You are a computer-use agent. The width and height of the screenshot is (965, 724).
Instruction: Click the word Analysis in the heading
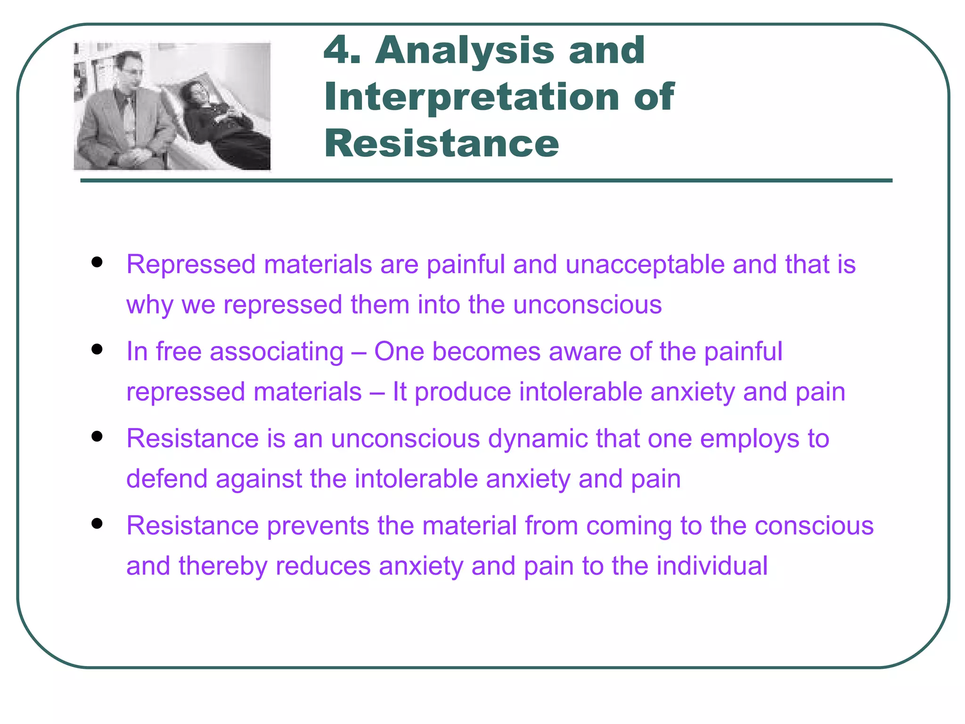pos(464,51)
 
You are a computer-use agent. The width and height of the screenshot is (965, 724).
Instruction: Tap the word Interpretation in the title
pos(471,97)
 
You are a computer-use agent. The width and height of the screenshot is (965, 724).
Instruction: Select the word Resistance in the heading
pos(442,143)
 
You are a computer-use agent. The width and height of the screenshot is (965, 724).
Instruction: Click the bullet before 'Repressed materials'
pos(97,262)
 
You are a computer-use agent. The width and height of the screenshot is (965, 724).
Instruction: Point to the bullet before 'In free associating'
pos(97,349)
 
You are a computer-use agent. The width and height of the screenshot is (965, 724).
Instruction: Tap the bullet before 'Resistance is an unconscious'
pos(97,436)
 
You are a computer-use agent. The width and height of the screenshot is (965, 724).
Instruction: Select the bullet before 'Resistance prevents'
pos(97,523)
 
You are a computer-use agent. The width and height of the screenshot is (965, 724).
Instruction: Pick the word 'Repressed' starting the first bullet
pos(191,264)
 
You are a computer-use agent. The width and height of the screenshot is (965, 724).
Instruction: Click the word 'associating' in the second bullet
pos(277,352)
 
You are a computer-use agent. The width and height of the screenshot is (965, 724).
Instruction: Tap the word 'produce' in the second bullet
pos(463,392)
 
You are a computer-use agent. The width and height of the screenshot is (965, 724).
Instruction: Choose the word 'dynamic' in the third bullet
pos(538,439)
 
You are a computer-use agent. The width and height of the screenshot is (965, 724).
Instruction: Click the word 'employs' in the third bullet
pos(750,439)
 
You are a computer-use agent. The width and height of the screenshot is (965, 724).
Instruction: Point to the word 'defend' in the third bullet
pos(167,479)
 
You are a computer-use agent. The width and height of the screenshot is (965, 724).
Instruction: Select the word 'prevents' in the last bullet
pos(318,526)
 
